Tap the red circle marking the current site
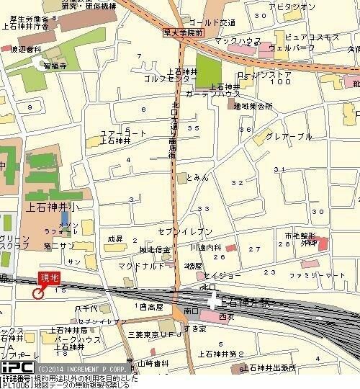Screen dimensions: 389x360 tap(37, 292)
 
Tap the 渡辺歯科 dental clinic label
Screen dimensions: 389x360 tap(22, 49)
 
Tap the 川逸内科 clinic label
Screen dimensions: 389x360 tap(206, 246)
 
